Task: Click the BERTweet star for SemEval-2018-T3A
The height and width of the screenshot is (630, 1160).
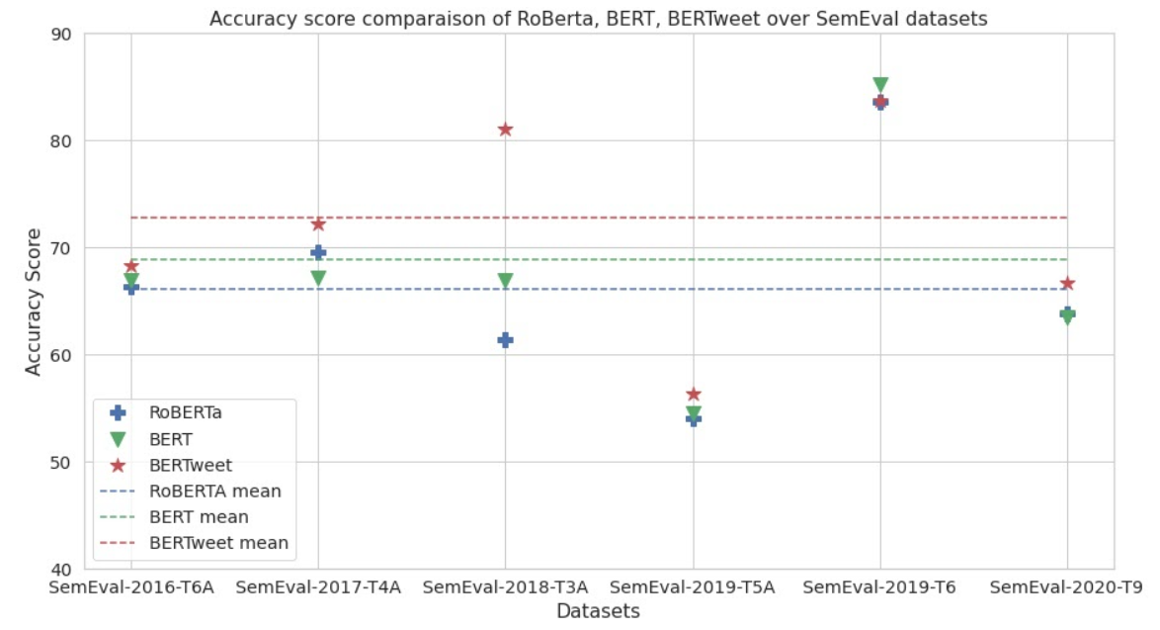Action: [505, 129]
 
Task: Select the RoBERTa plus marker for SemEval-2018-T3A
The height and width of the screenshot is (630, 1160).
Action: [505, 339]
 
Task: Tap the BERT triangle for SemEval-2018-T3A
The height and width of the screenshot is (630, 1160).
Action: [505, 281]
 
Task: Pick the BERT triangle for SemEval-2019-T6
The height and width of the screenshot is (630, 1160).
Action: [880, 85]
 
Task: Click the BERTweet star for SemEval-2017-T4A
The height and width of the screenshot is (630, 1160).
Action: [318, 225]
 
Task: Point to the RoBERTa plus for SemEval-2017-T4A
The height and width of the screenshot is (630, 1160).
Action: [318, 252]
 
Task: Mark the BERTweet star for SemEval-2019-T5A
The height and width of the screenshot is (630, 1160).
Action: [693, 395]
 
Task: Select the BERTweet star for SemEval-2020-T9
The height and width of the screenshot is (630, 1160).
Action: [1067, 284]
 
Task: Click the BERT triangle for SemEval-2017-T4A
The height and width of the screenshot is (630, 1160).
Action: [318, 278]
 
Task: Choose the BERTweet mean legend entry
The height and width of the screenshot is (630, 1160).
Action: [218, 542]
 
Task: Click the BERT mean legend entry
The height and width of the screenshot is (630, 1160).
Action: [199, 516]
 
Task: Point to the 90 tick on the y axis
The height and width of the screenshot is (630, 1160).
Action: [61, 34]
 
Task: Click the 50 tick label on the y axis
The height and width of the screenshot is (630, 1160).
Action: [61, 462]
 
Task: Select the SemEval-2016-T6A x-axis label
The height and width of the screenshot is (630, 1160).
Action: [131, 587]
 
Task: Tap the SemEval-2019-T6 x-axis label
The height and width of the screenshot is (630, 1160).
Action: [879, 587]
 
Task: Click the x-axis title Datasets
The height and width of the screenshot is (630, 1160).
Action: [598, 611]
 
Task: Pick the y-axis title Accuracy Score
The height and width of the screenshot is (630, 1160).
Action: [34, 301]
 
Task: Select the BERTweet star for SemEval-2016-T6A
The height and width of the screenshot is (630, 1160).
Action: [130, 266]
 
